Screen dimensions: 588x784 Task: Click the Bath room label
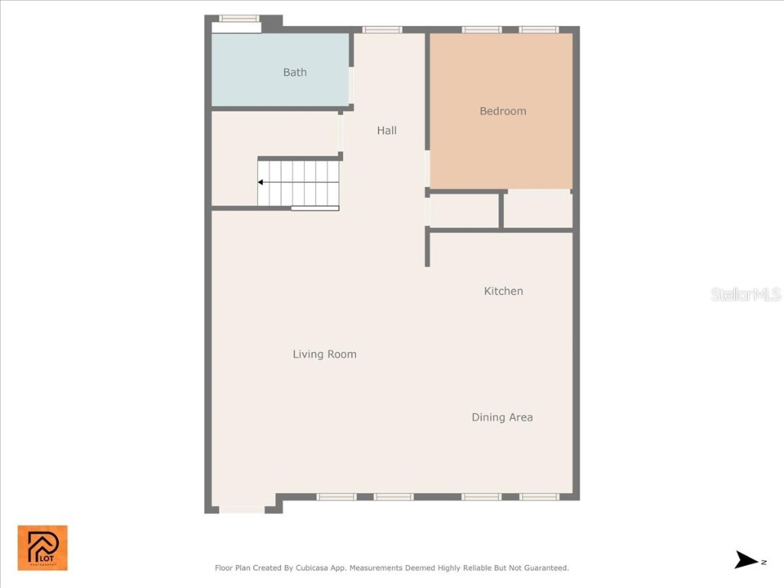coord(295,73)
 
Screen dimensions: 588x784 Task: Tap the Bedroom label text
coord(502,111)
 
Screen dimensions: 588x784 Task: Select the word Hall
coord(387,131)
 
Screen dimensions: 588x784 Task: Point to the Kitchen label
coord(503,291)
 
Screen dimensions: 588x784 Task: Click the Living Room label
coord(324,354)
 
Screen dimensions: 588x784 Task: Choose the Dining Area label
coord(501,417)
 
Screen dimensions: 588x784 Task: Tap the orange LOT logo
coord(43,547)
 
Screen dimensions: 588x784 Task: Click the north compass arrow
coord(746,560)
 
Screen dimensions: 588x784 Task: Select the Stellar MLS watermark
coord(745,294)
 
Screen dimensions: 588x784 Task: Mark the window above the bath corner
coord(239,18)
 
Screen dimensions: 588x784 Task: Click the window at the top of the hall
coord(382,30)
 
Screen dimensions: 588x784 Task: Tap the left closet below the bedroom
coord(464,211)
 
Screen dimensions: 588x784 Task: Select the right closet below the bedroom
coord(537,209)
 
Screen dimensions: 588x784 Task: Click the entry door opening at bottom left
coord(242,508)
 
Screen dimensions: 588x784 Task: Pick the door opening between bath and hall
coord(351,85)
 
